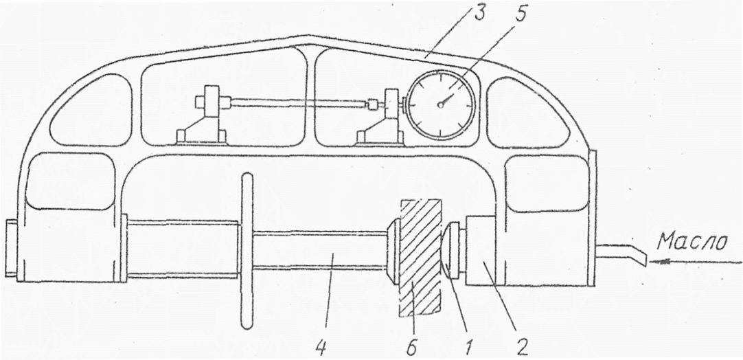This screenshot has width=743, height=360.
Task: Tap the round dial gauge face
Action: click(x=440, y=104)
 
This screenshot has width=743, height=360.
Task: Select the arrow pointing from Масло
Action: click(x=694, y=261)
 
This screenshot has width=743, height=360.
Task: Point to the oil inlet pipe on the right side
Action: click(x=621, y=254)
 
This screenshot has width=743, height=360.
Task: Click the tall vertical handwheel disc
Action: click(x=247, y=251)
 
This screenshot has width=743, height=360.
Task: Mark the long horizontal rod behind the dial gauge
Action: click(x=295, y=103)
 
